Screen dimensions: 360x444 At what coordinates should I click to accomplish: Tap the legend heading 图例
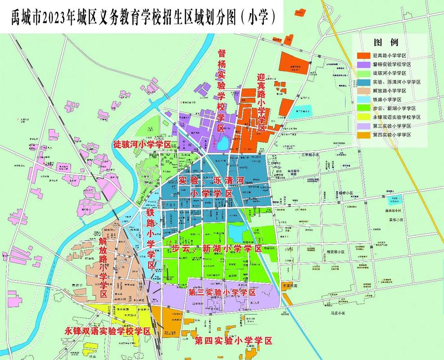[386, 43]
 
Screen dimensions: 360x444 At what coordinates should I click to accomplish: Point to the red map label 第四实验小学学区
[233, 341]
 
